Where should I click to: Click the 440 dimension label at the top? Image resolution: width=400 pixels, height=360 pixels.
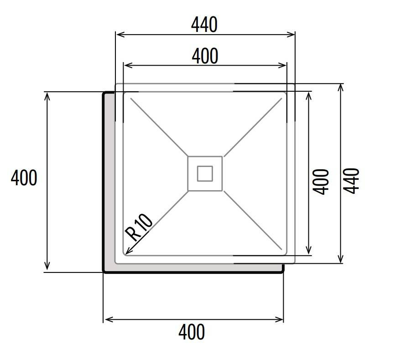coord(204,25)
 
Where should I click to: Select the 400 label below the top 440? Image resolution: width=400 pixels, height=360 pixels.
coord(205,56)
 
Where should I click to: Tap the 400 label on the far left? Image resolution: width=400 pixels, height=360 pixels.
coord(24,177)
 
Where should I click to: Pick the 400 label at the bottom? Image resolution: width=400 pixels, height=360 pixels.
coord(192,332)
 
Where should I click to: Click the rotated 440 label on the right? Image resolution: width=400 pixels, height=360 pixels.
coord(351,181)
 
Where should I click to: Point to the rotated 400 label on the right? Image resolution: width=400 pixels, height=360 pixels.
coord(321,182)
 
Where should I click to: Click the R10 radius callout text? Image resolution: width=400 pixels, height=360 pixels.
coord(139,227)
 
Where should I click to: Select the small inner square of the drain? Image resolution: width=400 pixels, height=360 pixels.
coord(205,173)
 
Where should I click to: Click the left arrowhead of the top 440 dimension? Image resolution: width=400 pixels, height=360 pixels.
coord(120,34)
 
